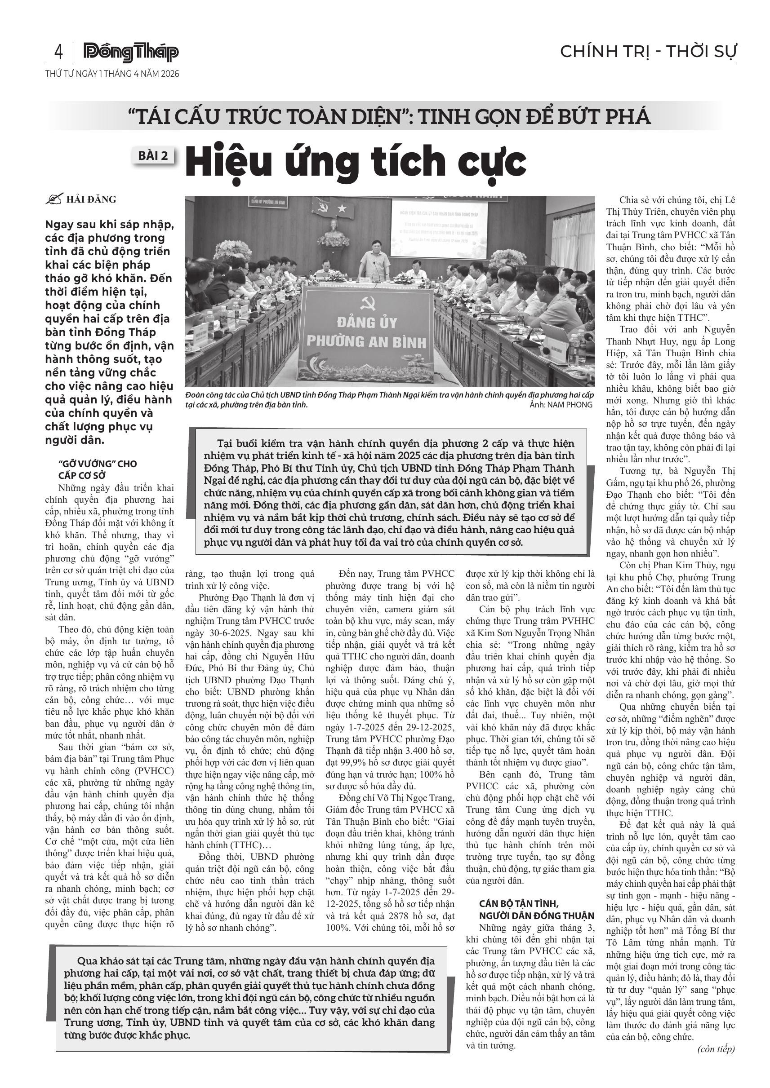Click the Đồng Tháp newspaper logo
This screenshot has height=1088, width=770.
click(131, 52)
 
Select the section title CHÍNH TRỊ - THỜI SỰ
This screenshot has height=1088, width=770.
click(648, 51)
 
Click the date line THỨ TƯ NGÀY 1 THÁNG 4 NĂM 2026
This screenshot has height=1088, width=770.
click(112, 74)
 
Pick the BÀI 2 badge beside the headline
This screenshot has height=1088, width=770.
click(153, 156)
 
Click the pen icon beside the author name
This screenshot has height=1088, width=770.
click(53, 199)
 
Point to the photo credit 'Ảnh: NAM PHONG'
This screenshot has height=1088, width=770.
click(561, 405)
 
